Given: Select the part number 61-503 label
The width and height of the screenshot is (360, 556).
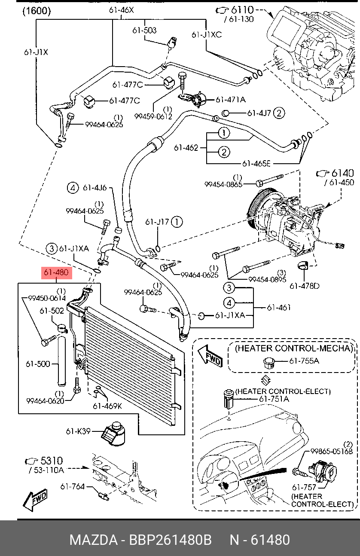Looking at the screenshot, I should (144, 31).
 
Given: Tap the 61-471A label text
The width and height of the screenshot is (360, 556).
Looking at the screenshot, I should (230, 100).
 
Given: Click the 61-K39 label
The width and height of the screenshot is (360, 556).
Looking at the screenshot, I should (78, 431).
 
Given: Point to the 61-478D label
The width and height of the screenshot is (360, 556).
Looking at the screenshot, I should (304, 286).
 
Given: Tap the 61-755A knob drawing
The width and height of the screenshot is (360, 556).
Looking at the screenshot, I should (268, 362).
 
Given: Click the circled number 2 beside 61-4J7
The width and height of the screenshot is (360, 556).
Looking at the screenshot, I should (279, 113).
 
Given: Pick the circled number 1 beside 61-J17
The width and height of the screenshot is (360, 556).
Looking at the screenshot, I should (177, 222).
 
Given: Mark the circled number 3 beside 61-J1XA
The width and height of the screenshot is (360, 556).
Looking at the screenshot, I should (52, 248).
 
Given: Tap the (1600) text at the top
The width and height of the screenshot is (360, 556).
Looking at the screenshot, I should (37, 11).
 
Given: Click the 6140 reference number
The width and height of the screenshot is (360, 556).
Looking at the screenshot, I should (342, 173).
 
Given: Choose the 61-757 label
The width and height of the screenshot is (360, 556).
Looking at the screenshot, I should (304, 487).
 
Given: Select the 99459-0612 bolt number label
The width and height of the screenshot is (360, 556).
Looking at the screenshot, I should (153, 116).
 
